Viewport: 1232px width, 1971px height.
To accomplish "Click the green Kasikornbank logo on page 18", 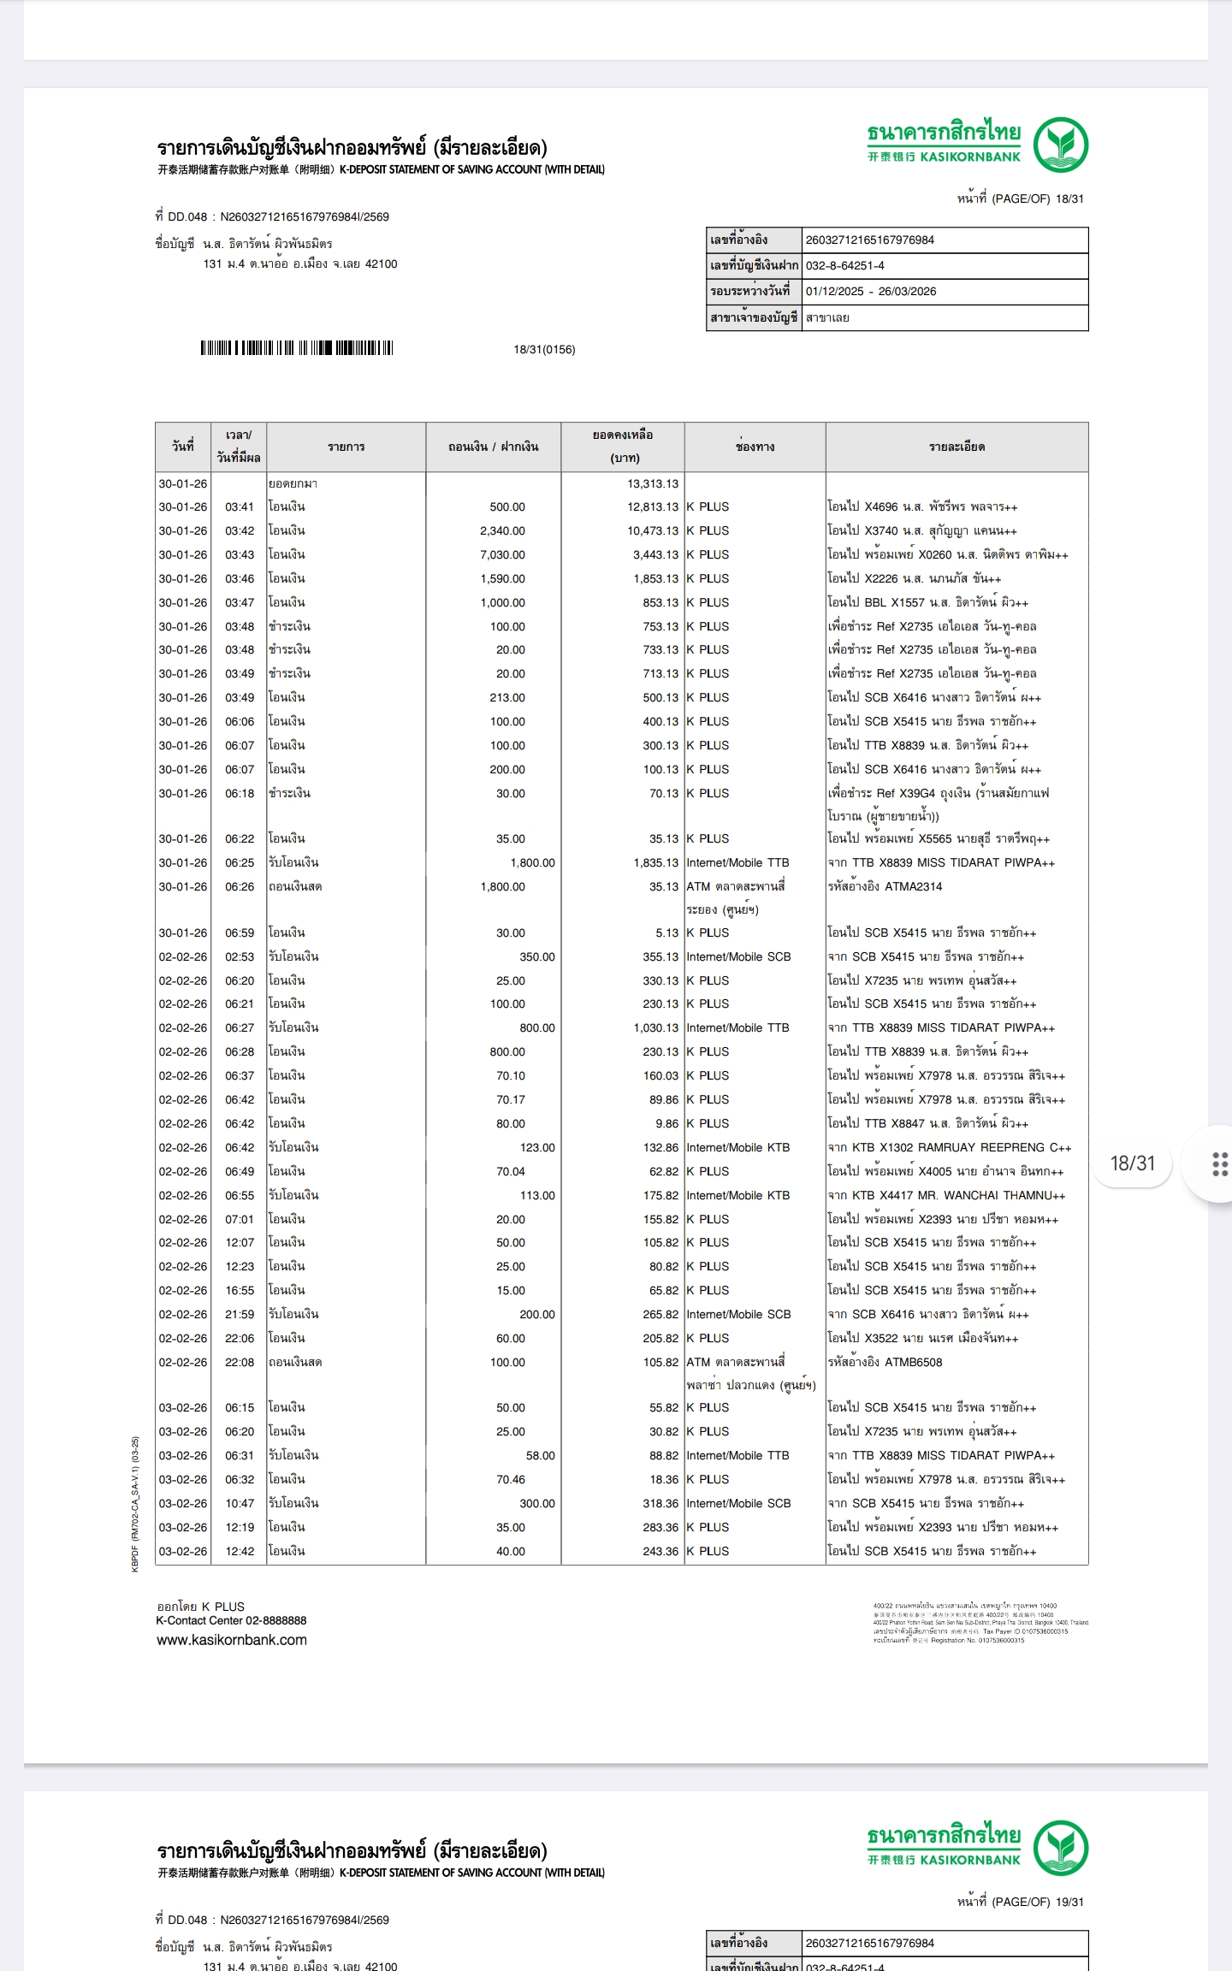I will (1060, 145).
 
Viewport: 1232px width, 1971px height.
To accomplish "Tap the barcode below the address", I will (296, 348).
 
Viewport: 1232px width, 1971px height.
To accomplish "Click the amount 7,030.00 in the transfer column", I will (502, 554).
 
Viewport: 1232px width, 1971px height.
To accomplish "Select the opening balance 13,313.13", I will (652, 483).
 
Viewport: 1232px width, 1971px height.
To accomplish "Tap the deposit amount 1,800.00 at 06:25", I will (532, 862).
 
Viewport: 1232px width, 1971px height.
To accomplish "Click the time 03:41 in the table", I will (240, 506).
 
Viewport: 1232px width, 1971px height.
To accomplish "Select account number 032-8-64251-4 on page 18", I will (844, 265).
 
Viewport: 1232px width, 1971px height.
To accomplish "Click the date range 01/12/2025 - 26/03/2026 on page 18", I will (870, 291).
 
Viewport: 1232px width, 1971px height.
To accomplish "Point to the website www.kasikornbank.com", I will (231, 1640).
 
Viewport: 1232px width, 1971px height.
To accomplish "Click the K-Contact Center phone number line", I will (231, 1620).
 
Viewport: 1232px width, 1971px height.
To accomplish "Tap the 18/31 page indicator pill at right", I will (1132, 1163).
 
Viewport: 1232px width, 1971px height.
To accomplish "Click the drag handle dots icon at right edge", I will (1220, 1164).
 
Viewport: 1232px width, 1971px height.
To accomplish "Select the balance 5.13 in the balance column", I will (666, 932).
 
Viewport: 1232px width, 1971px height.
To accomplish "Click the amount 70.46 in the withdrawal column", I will (510, 1479).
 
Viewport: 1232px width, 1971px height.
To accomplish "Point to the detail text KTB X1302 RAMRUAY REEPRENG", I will (950, 1147).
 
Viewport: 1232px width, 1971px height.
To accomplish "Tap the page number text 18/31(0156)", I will (544, 349).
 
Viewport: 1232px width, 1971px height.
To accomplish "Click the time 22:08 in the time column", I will (240, 1362).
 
